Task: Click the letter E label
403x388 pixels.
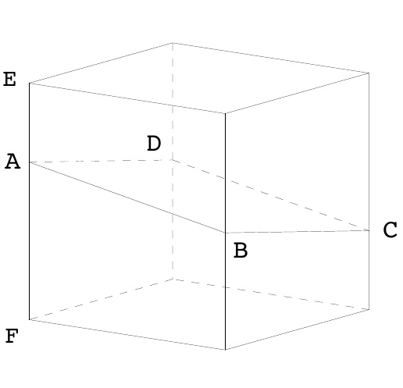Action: click(9, 79)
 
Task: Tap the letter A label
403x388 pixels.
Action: click(12, 162)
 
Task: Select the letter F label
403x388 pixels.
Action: click(12, 336)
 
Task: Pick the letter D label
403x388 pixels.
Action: click(154, 143)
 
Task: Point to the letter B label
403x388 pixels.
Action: click(241, 251)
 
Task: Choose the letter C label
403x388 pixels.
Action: click(390, 230)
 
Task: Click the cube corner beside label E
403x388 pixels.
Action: click(30, 84)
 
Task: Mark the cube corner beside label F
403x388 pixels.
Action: click(30, 319)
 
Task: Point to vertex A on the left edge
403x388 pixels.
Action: click(30, 162)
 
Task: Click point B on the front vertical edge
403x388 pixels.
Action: click(225, 233)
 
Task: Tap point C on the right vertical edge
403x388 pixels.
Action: click(369, 230)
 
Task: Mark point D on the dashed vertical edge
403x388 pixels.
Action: click(173, 160)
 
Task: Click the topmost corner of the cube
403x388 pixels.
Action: click(173, 43)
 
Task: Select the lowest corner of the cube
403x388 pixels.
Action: click(225, 350)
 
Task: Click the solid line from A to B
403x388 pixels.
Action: click(127, 198)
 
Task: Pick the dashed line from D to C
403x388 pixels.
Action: click(271, 195)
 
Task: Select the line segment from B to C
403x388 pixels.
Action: click(297, 232)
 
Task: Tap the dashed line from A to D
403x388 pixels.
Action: click(101, 161)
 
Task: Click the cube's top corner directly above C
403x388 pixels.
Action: click(369, 73)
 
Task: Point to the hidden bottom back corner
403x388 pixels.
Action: click(173, 279)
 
